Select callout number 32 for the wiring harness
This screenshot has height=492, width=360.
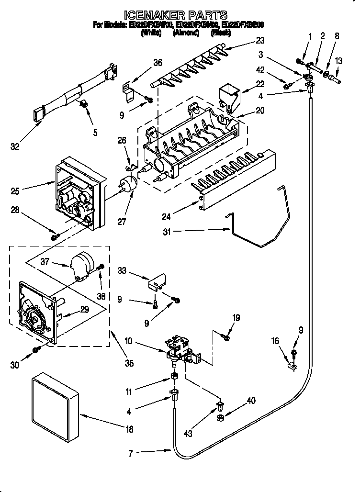point(15,147)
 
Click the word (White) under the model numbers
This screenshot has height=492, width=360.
point(151,34)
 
